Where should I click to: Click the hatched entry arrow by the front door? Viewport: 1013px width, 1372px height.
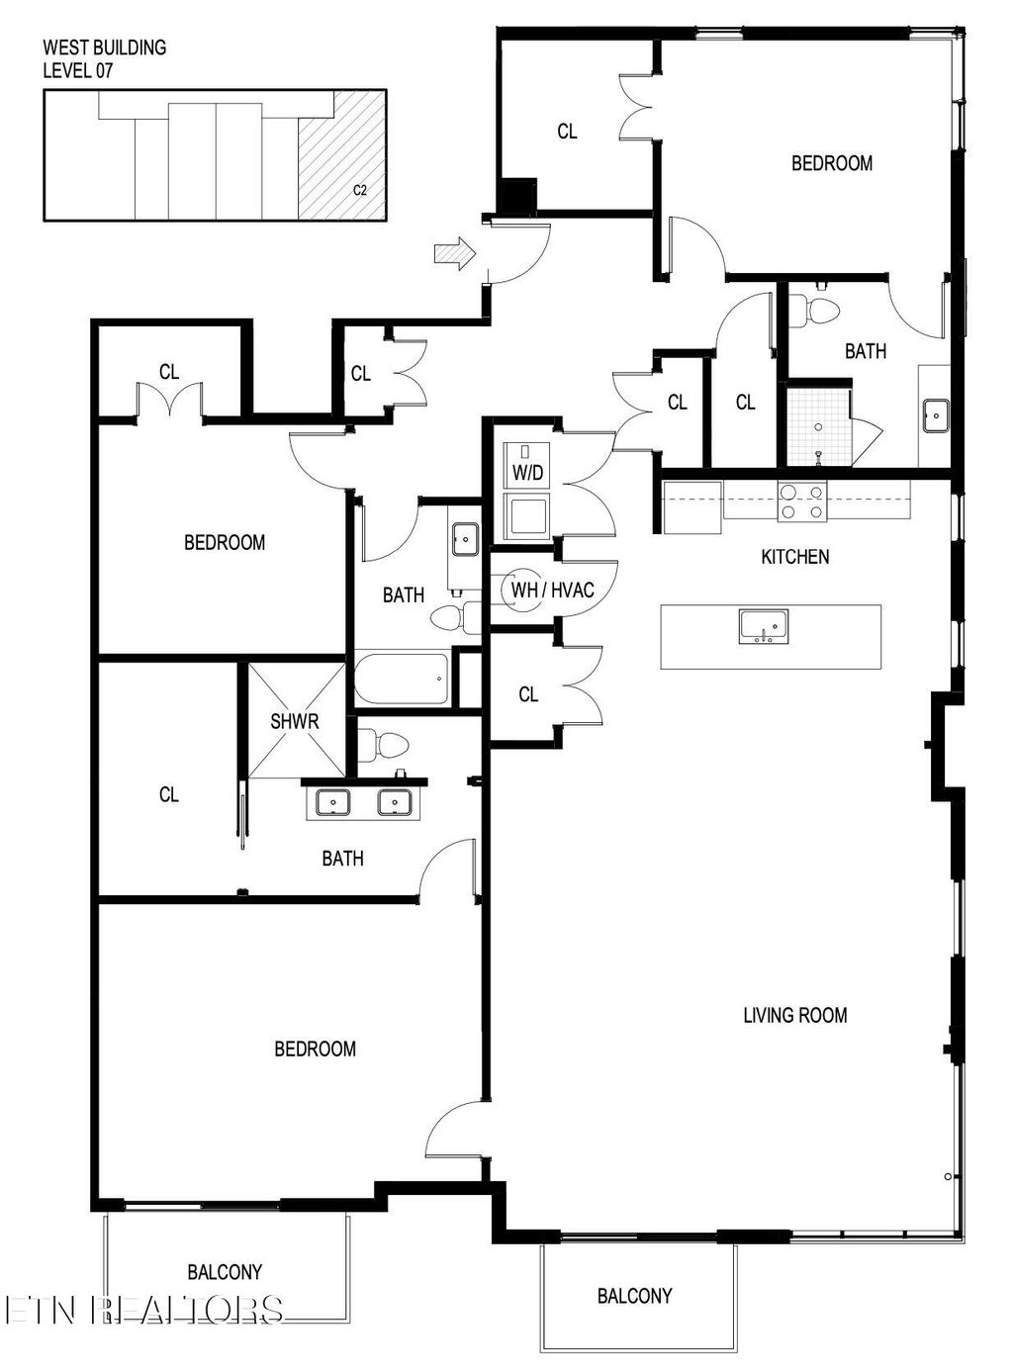[x=454, y=254]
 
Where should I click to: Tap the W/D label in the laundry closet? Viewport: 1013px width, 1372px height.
[x=527, y=473]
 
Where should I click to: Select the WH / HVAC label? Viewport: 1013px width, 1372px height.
[x=552, y=591]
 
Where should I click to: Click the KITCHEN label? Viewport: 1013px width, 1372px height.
[x=794, y=557]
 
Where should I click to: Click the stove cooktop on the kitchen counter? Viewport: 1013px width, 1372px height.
[x=801, y=501]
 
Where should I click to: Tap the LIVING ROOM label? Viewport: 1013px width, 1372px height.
[x=794, y=1015]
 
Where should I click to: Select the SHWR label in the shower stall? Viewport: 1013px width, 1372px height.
[x=295, y=721]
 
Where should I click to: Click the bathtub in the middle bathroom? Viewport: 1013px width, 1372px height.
[x=401, y=678]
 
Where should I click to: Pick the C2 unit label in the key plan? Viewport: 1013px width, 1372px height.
[x=360, y=190]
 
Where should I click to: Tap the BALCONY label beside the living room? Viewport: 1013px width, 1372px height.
[x=634, y=1295]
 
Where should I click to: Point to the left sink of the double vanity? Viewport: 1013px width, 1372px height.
[x=333, y=802]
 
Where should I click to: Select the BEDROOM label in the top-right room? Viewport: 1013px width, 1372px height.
[x=831, y=163]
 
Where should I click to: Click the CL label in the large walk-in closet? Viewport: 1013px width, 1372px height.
[x=169, y=794]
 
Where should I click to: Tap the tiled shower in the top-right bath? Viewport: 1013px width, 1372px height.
[x=818, y=426]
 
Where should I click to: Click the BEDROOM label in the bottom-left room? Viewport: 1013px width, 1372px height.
[x=315, y=1049]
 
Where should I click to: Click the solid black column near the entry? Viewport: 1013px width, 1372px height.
[x=516, y=196]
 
